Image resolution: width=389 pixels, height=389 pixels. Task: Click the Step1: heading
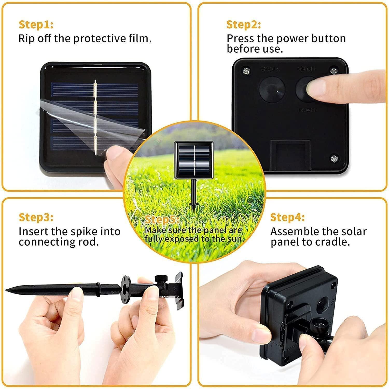point(36,25)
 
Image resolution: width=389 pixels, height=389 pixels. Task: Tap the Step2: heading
point(244,25)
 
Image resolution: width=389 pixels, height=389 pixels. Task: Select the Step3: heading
point(36,217)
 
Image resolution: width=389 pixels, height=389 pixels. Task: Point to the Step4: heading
point(287,217)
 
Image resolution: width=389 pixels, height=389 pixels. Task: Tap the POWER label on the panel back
point(308,110)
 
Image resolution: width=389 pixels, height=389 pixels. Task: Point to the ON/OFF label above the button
point(307,69)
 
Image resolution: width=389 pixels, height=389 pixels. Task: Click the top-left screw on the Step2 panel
point(245,71)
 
